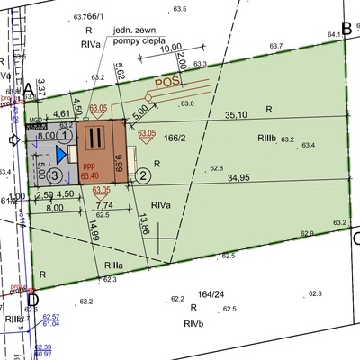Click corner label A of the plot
[28, 88]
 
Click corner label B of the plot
[347, 28]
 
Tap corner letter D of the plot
[32, 299]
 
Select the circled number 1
[65, 134]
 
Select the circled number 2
[142, 175]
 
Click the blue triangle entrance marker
[62, 156]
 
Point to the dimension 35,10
[236, 115]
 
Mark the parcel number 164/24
[209, 292]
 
